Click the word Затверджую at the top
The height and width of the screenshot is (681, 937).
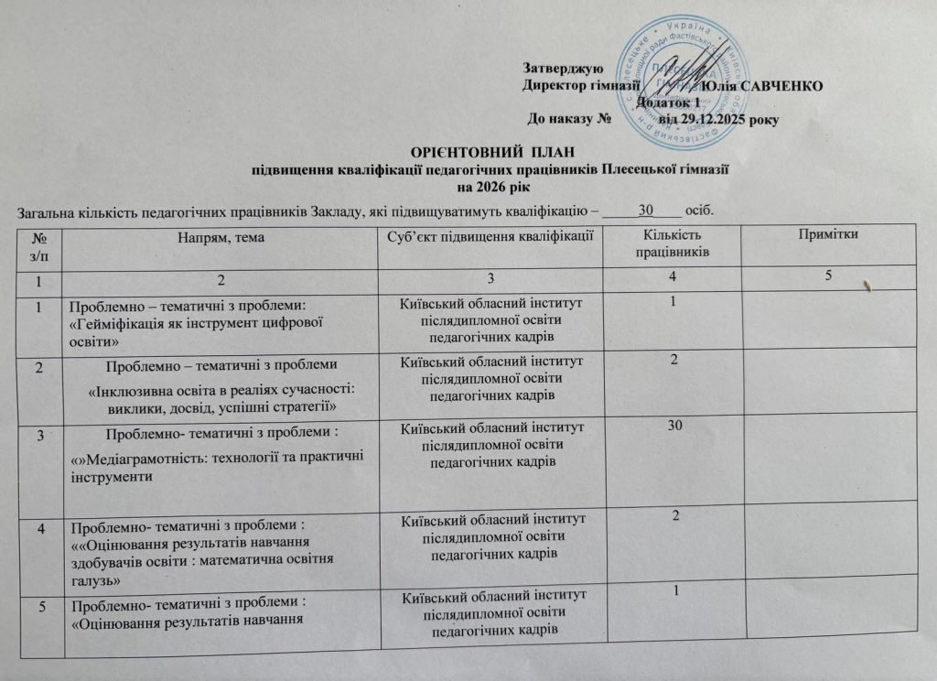click(x=561, y=69)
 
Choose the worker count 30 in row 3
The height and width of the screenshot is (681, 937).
click(x=676, y=425)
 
